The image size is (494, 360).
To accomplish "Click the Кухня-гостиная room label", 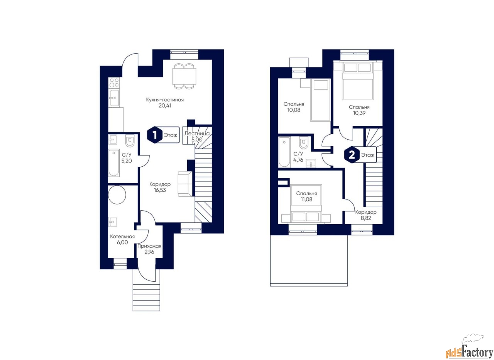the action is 165,100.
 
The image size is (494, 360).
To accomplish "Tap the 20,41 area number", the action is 165,106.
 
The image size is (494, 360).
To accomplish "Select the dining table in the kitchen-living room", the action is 184,76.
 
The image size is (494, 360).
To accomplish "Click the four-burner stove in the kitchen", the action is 114,83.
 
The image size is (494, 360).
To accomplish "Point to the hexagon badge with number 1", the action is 155,135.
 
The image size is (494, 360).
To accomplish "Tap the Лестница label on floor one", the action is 197,134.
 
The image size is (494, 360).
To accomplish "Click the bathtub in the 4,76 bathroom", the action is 284,152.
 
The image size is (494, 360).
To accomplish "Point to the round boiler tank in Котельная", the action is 117,194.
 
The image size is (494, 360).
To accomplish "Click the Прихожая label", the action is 149,246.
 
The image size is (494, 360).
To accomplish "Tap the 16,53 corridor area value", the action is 160,190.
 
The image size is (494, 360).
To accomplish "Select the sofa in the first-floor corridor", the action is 185,184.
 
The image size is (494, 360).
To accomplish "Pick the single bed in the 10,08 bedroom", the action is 320,100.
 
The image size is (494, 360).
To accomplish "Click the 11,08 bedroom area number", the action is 306,199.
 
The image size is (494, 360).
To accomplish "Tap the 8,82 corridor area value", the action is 366,218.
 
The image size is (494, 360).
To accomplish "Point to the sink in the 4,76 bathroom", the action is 311,163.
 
